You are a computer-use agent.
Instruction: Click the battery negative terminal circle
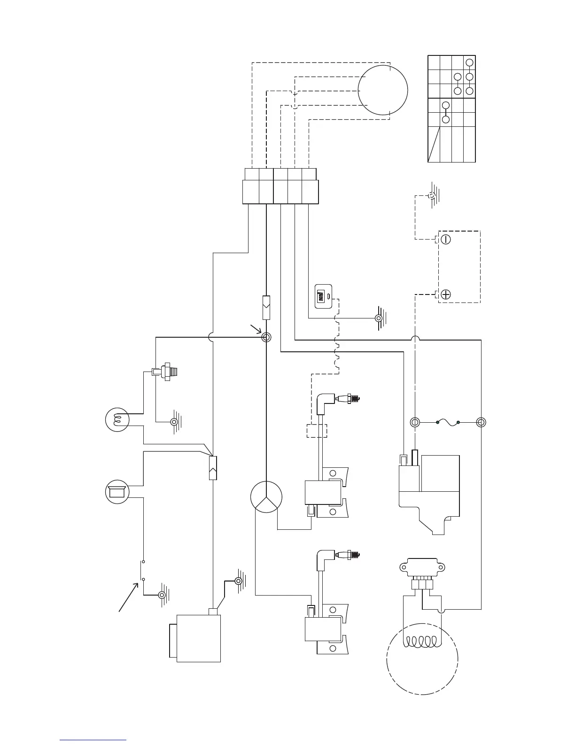click(x=446, y=239)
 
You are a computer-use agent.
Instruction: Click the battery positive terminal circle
click(x=446, y=294)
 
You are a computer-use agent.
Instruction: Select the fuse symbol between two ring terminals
click(x=448, y=423)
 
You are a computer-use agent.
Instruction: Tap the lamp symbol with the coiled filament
click(x=117, y=419)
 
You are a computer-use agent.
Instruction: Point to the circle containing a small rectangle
click(x=117, y=491)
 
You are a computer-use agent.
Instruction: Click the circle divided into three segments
click(x=266, y=498)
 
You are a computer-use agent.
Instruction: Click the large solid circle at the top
click(x=382, y=90)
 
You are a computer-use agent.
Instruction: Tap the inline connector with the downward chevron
click(x=266, y=308)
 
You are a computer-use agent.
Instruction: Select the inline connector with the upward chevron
click(x=213, y=468)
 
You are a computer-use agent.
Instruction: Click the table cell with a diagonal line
click(x=434, y=144)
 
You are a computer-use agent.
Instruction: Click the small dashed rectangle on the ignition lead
click(x=317, y=431)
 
